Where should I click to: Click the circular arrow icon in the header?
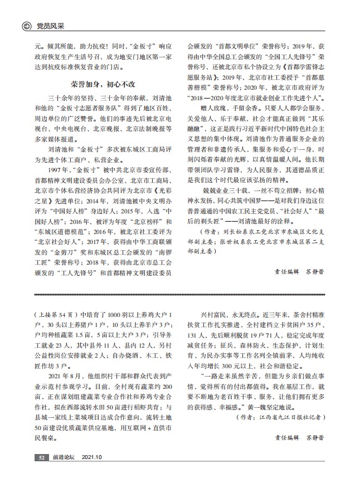[x=26, y=26]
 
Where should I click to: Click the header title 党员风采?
[x=49, y=26]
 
